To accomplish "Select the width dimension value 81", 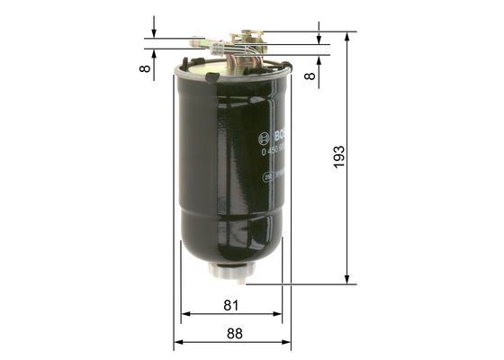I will (231, 305).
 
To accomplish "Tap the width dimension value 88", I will (234, 333).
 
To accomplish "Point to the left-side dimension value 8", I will (145, 69).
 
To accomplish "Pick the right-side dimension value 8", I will (310, 76).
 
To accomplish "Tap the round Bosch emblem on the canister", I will (264, 139).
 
